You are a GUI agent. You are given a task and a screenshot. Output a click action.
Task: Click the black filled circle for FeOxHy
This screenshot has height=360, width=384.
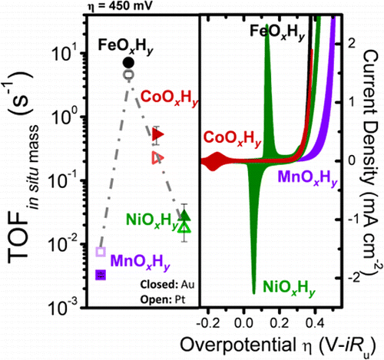tap(129, 61)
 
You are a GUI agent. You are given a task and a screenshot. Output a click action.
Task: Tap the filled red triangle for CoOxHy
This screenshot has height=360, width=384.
tap(158, 134)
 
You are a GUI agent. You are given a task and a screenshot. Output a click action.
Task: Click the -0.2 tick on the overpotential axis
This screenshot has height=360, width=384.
tap(214, 317)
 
